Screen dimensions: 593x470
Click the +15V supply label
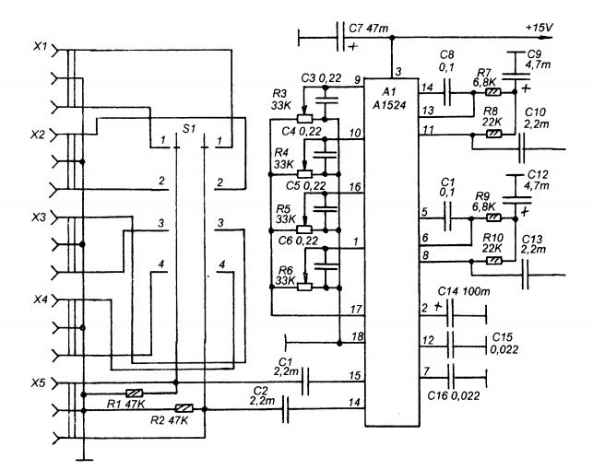539,28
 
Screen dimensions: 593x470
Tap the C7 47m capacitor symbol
340,37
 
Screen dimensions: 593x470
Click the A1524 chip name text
389,105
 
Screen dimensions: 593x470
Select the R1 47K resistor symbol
134,393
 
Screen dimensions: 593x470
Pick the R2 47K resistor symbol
184,408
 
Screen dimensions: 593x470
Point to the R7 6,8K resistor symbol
493,92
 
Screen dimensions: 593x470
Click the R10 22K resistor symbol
494,260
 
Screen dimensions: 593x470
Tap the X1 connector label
40,46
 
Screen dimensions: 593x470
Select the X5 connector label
38,382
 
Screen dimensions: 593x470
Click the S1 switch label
189,129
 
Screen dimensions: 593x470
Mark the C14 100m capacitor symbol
450,313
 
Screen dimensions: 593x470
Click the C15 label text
503,336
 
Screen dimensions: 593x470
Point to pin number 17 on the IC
356,310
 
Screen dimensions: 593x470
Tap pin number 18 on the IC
358,335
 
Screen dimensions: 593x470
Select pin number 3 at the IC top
398,71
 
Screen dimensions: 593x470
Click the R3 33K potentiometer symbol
304,115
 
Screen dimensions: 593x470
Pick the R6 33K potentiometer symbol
304,284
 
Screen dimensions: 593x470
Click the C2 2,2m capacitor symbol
286,409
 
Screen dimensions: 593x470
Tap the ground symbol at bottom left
84,460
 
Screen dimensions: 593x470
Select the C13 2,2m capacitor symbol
526,275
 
